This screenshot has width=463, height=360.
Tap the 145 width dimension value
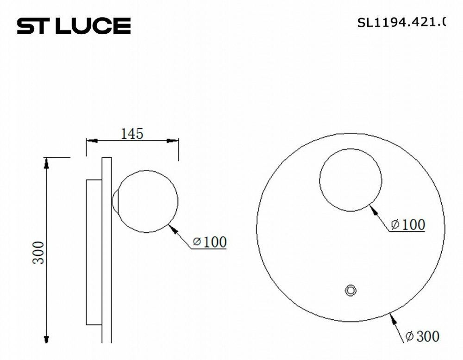(132, 134)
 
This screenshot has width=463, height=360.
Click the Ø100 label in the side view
(209, 242)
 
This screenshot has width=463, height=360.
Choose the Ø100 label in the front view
(407, 225)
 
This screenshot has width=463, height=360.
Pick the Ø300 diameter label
(422, 336)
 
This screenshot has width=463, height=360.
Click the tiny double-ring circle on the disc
(350, 290)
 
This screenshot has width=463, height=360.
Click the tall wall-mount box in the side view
(93, 252)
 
